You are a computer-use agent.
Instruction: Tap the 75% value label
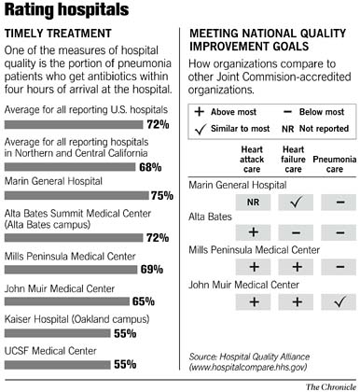pyautogui.click(x=162, y=195)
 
